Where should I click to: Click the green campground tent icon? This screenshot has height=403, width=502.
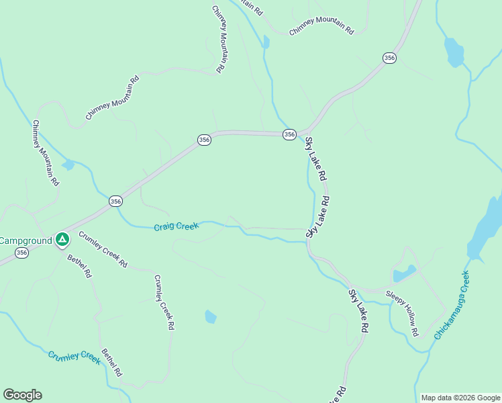(x=62, y=238)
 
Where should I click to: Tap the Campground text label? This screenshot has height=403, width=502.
(x=26, y=240)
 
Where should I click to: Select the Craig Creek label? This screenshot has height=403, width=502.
(x=177, y=227)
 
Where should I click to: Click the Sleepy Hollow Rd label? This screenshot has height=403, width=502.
(x=403, y=313)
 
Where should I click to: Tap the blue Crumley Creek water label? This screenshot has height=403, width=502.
(x=74, y=357)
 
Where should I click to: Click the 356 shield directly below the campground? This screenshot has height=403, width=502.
(x=22, y=253)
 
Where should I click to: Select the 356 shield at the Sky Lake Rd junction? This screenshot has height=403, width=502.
(x=289, y=134)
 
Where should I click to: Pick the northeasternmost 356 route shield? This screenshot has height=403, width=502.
(x=389, y=58)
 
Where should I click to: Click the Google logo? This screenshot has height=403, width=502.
(x=22, y=395)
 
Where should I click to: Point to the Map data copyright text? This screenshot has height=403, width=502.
(x=461, y=398)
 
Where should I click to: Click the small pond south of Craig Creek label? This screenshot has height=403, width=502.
(x=211, y=316)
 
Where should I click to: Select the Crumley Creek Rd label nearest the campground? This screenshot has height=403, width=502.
(x=103, y=249)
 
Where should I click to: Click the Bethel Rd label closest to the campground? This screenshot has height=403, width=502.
(x=79, y=266)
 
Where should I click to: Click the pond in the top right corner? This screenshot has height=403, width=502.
(x=454, y=52)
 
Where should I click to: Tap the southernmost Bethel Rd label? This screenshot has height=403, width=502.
(x=111, y=362)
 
